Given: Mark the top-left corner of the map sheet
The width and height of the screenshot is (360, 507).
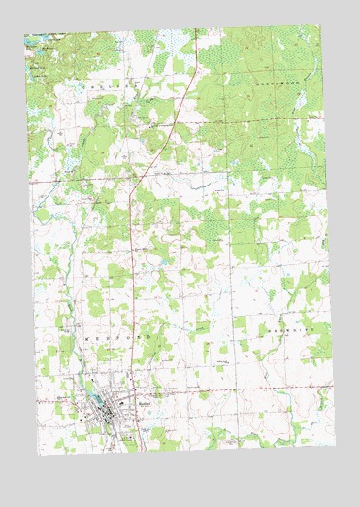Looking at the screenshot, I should [x=25, y=36].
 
